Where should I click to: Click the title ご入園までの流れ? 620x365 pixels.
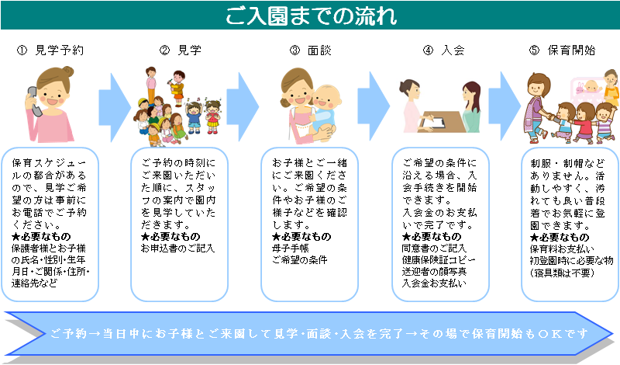pos(311,16)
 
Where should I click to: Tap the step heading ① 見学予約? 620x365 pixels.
pos(50,50)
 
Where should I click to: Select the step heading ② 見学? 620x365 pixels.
pos(181,50)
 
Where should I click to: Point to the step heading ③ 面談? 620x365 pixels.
pos(311,50)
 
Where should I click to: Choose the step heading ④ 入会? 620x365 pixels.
pos(443,50)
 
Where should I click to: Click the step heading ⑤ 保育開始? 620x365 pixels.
pos(562,50)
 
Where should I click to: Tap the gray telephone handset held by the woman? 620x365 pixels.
pos(33,101)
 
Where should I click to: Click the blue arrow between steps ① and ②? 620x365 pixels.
pos(115,107)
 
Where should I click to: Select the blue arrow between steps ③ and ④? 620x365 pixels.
pos(374,106)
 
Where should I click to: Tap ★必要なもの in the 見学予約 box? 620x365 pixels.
pos(41,237)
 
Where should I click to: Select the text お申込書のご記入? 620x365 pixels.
pos(178,249)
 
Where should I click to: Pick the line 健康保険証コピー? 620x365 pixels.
pos(439,260)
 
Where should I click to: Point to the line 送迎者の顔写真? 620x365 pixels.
pos(434,272)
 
